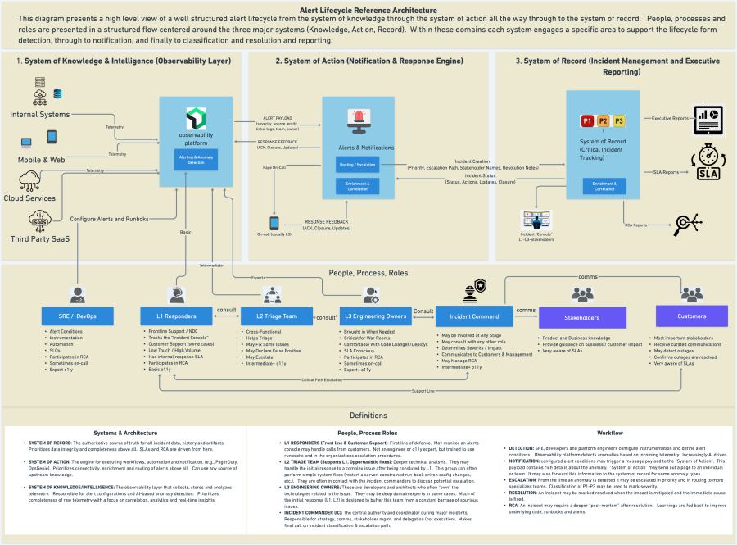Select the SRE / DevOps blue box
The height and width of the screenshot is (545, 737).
pyautogui.click(x=78, y=316)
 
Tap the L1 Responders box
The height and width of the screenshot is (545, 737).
pyautogui.click(x=175, y=316)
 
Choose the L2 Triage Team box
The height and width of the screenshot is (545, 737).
pyautogui.click(x=273, y=316)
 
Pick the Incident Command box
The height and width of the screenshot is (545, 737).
pyautogui.click(x=474, y=316)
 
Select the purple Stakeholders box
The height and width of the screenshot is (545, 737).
pyautogui.click(x=581, y=317)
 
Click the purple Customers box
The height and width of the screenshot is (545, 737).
pyautogui.click(x=691, y=316)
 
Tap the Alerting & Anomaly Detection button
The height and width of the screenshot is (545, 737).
pyautogui.click(x=196, y=159)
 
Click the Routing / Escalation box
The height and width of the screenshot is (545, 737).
pyautogui.click(x=356, y=165)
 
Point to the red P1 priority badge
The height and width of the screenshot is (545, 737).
pyautogui.click(x=587, y=121)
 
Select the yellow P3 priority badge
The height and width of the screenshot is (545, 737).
pyautogui.click(x=618, y=121)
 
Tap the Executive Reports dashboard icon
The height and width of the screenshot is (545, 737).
pyautogui.click(x=708, y=119)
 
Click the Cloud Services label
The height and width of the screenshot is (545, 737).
pyautogui.click(x=29, y=198)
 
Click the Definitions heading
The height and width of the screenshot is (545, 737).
pyautogui.click(x=368, y=416)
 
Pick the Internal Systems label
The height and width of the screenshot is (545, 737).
pyautogui.click(x=40, y=115)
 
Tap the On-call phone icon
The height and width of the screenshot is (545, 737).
pyautogui.click(x=274, y=222)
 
